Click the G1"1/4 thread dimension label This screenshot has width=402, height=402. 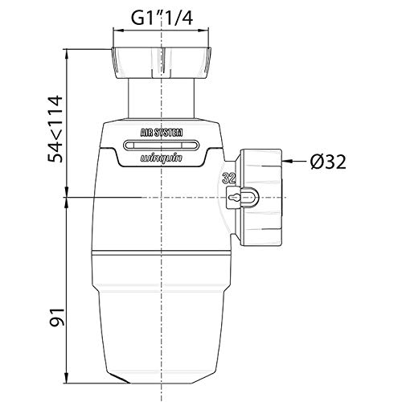pos(162,18)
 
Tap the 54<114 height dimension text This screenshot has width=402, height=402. pos(55,129)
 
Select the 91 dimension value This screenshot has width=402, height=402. pos(56,318)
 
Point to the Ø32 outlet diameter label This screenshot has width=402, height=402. pos(328,162)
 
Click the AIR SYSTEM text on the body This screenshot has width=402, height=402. pos(162,133)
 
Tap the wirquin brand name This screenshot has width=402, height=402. pos(162,158)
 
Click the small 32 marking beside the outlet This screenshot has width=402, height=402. pos(230,178)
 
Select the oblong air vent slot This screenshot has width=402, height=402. pos(162,146)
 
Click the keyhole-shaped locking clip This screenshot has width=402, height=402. pos(243,198)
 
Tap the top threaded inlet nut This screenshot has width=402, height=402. pos(161,63)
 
